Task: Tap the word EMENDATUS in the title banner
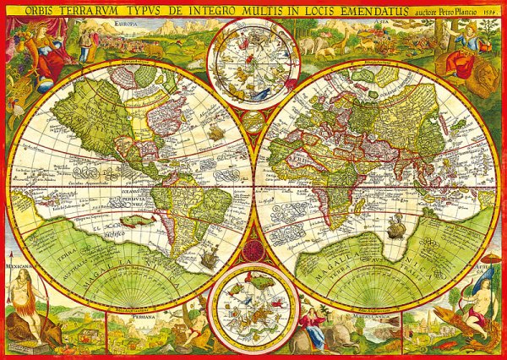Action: pos(347,10)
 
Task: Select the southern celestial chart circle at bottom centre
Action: pos(253,303)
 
